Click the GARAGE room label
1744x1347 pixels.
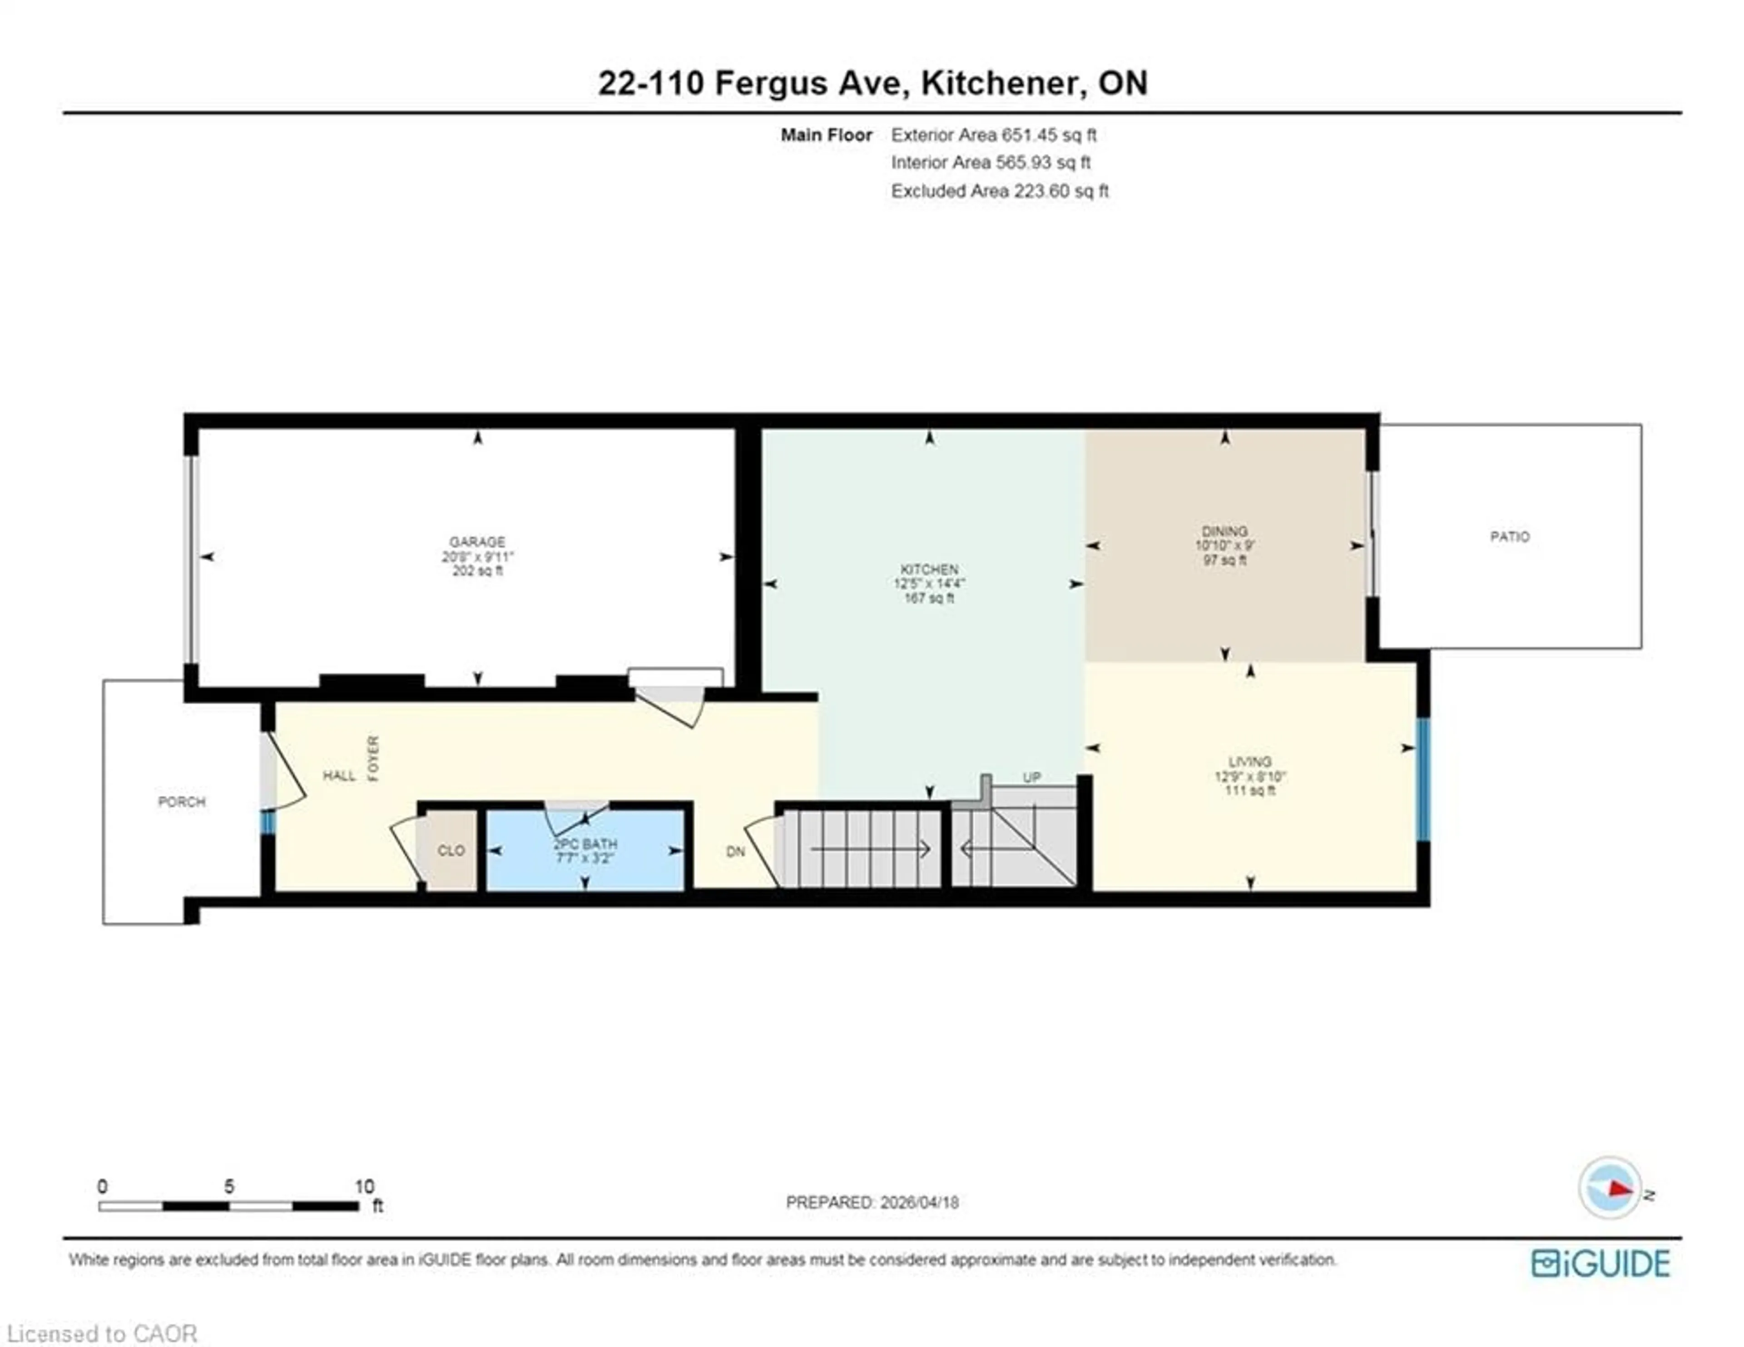pyautogui.click(x=477, y=542)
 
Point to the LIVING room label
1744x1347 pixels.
pyautogui.click(x=1250, y=761)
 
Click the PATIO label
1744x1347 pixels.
pyautogui.click(x=1509, y=537)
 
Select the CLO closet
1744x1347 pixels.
pyautogui.click(x=451, y=851)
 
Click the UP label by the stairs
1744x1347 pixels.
pyautogui.click(x=1032, y=777)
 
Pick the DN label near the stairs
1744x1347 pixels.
pyautogui.click(x=735, y=852)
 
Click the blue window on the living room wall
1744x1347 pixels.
pyautogui.click(x=1423, y=779)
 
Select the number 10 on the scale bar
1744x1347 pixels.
pyautogui.click(x=364, y=1187)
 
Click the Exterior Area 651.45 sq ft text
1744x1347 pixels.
pyautogui.click(x=993, y=135)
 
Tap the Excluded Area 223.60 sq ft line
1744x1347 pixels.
pyautogui.click(x=1000, y=191)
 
